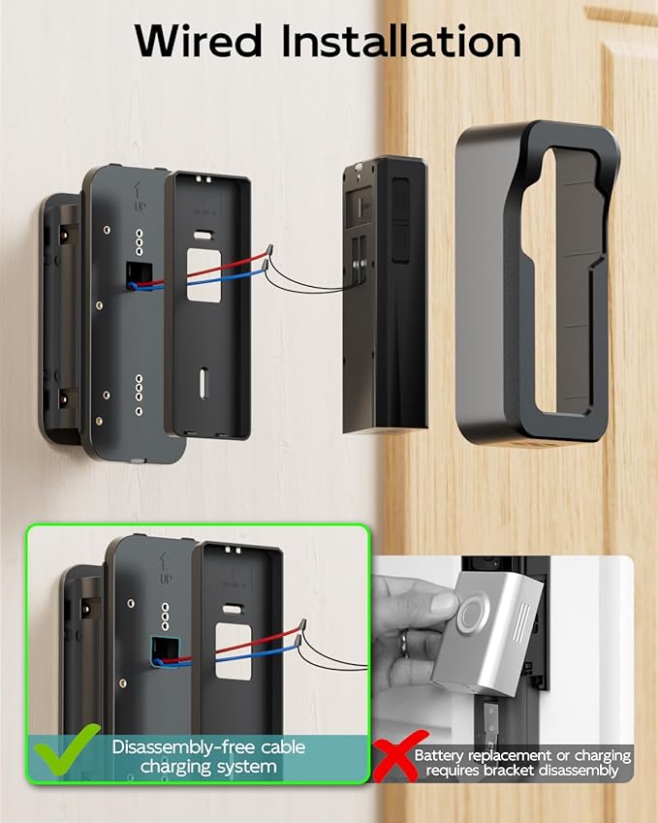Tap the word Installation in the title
tap(398, 40)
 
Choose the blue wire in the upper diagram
tap(213, 287)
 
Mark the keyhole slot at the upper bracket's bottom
tap(204, 382)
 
